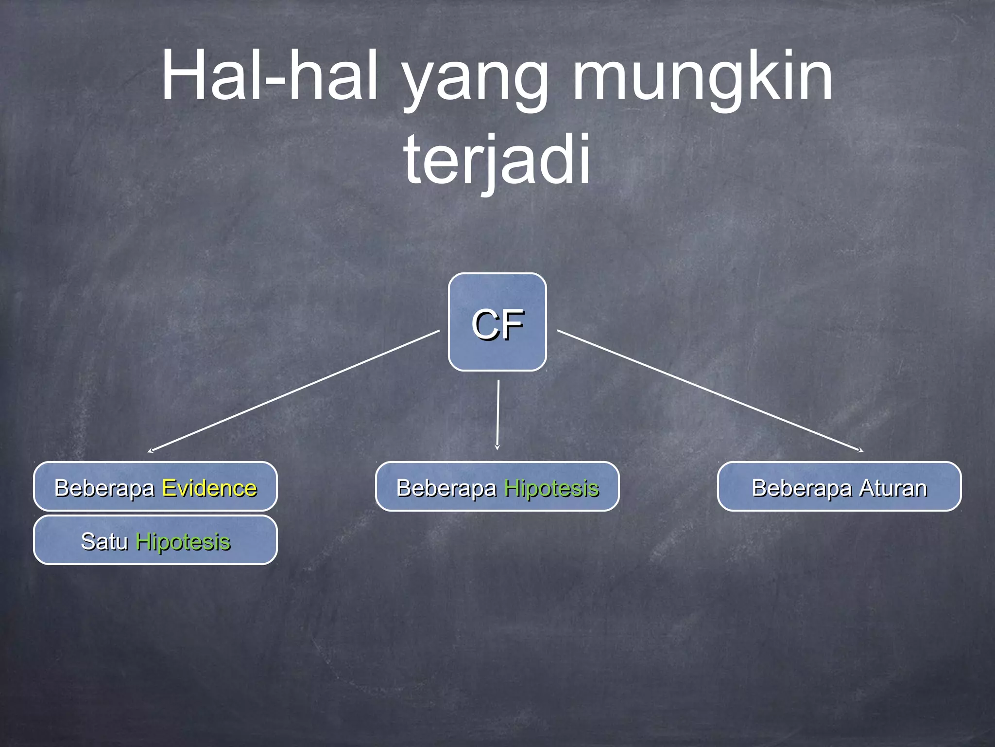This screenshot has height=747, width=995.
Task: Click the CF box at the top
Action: pos(497,322)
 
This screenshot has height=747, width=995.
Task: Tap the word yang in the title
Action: pos(476,80)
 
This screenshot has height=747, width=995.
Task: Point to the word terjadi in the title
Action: pos(497,160)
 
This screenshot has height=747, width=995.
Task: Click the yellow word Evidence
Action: pos(209,488)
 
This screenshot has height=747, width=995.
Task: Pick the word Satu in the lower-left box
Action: pos(104,541)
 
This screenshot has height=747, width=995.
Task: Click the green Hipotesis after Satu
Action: pos(183,542)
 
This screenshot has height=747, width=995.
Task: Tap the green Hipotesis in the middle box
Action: pos(551,488)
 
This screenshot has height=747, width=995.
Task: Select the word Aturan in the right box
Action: pos(893,488)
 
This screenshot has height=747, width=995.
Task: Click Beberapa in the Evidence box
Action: pos(104,488)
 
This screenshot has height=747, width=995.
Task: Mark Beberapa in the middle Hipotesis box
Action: pos(446,488)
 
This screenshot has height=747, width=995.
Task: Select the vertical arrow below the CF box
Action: pos(498,413)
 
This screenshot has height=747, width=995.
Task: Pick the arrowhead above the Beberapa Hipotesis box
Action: pos(497,447)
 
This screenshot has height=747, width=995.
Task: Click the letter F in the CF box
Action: pos(512,324)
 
